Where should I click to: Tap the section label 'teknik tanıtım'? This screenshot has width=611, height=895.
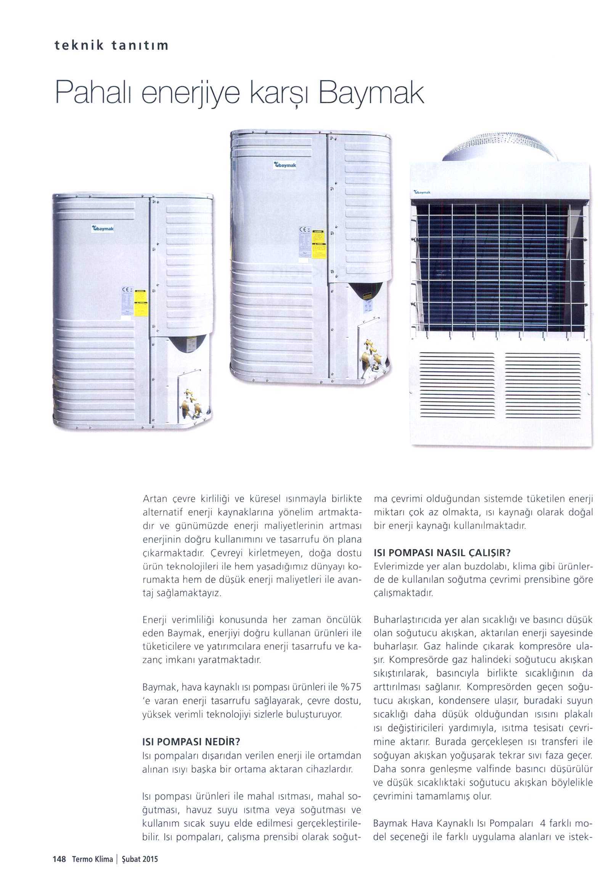click(111, 46)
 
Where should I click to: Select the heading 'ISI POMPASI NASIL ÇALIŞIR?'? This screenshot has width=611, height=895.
click(442, 553)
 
